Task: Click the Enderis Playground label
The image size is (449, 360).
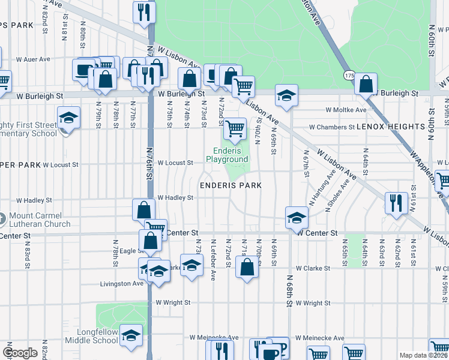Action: (x=227, y=155)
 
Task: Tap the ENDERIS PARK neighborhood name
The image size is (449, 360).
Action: (x=231, y=186)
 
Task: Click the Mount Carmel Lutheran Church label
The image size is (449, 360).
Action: (x=40, y=220)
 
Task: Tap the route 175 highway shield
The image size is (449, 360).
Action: (x=349, y=76)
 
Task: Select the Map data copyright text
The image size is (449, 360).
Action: (x=423, y=355)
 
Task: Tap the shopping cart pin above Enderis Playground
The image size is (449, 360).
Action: (x=235, y=128)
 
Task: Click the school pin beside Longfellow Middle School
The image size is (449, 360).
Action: (x=130, y=336)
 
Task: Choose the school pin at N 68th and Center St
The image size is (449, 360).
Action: (x=297, y=218)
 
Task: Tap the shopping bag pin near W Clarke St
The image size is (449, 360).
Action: (x=247, y=267)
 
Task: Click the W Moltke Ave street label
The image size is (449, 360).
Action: (x=346, y=110)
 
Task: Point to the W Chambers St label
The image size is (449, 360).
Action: (x=331, y=127)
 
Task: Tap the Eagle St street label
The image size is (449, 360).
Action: (x=130, y=251)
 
